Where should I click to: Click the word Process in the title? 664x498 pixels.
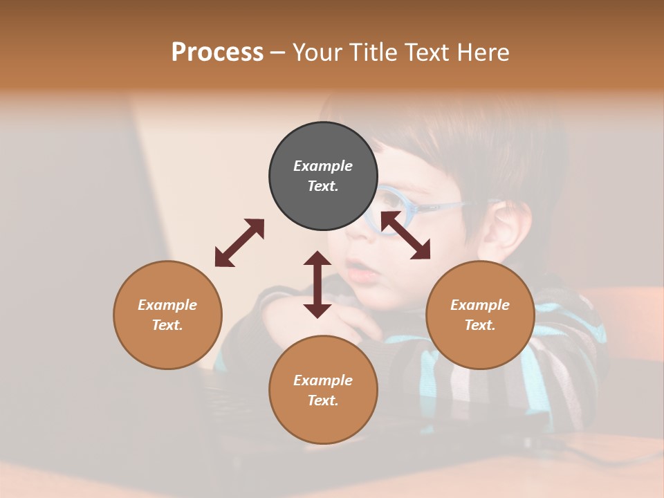point(217,53)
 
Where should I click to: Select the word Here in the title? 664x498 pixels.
point(483,53)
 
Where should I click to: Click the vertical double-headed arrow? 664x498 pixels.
point(317,284)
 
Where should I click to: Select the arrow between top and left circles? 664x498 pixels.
point(239,242)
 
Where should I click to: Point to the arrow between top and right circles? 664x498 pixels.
point(405,235)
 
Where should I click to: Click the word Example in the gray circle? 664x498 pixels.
point(323,166)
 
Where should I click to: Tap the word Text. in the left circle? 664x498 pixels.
point(167,325)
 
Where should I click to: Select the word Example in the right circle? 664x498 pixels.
point(480,305)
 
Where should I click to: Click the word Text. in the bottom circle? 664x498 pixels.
point(323,400)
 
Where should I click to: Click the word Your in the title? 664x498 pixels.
point(317,53)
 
